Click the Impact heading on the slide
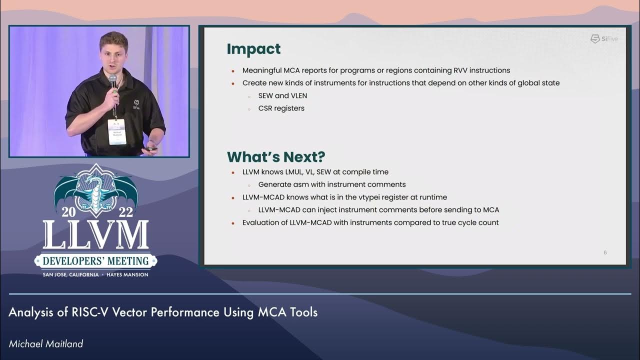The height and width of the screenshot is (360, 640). click(x=253, y=49)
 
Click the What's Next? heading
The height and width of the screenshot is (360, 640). click(x=276, y=157)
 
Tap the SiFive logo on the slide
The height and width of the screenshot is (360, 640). click(x=604, y=39)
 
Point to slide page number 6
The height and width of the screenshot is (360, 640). click(x=605, y=252)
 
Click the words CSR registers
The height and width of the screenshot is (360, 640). click(x=281, y=108)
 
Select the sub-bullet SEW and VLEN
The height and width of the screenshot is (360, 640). click(x=282, y=95)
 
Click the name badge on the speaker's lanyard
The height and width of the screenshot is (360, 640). click(x=116, y=131)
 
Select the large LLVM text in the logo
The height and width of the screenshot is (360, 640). click(x=95, y=234)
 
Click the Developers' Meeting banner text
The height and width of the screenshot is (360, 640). click(x=95, y=260)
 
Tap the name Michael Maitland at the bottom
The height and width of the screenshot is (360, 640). click(x=45, y=343)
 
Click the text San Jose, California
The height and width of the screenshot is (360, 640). click(x=70, y=274)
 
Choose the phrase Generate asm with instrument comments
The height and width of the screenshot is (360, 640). click(x=331, y=184)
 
